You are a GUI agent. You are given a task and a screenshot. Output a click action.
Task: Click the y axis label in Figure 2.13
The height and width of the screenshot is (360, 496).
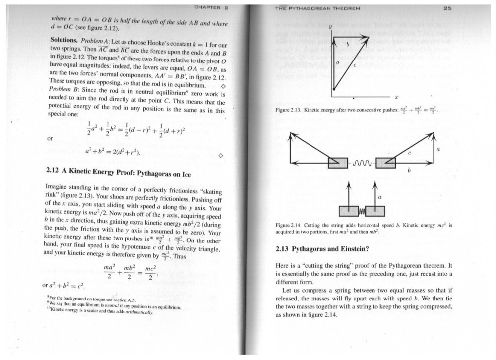(x=330, y=26)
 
